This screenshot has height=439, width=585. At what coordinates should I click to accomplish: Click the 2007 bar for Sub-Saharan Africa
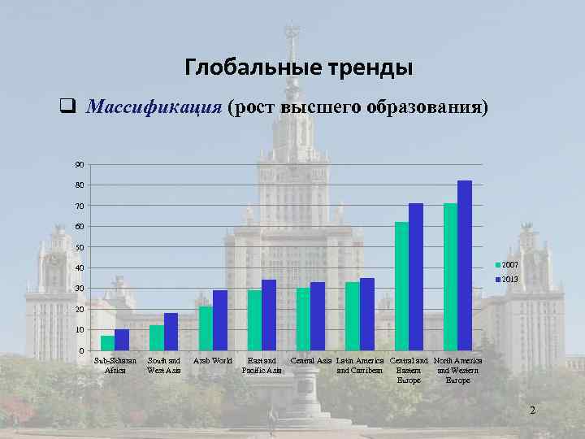coord(107,343)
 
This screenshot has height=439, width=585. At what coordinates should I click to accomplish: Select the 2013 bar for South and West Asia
coord(171,332)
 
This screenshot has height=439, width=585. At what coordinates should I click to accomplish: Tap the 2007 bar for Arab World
coord(206,328)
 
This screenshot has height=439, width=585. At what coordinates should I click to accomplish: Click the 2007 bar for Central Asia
coord(303,319)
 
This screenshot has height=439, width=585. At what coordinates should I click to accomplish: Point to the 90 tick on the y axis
coord(79,165)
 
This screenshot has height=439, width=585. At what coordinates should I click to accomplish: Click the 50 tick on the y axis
coord(79,247)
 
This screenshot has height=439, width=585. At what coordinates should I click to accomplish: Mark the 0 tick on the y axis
coord(80,350)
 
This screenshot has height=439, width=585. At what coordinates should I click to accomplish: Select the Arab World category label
coord(213,360)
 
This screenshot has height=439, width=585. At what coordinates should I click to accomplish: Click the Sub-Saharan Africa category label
coord(115,365)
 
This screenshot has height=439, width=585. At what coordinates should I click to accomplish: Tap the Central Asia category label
coord(311,360)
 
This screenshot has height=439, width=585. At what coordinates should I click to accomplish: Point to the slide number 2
coord(532,411)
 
